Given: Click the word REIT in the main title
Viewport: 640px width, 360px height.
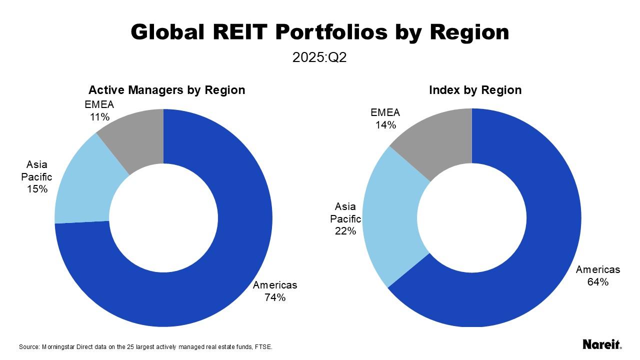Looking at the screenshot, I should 238,32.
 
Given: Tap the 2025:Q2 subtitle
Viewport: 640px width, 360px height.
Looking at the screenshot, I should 319,57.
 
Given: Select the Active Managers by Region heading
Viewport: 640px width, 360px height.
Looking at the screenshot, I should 166,90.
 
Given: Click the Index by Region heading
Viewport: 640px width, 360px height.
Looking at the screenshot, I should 475,90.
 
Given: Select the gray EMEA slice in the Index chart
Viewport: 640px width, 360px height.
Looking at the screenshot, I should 440,140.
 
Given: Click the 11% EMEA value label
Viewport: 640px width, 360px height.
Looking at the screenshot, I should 99,117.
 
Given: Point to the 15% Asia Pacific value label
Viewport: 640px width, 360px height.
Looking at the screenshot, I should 37,189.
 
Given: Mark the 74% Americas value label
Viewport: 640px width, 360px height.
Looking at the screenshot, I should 275,297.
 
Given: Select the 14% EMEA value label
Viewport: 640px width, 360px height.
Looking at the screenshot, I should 385,125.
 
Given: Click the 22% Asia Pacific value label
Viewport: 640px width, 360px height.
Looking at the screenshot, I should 345,231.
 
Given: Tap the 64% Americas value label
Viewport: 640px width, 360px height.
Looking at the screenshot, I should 598,282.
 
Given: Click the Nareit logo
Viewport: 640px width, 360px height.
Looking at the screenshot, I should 602,344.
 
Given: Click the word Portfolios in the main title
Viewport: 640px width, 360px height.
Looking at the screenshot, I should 331,32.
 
